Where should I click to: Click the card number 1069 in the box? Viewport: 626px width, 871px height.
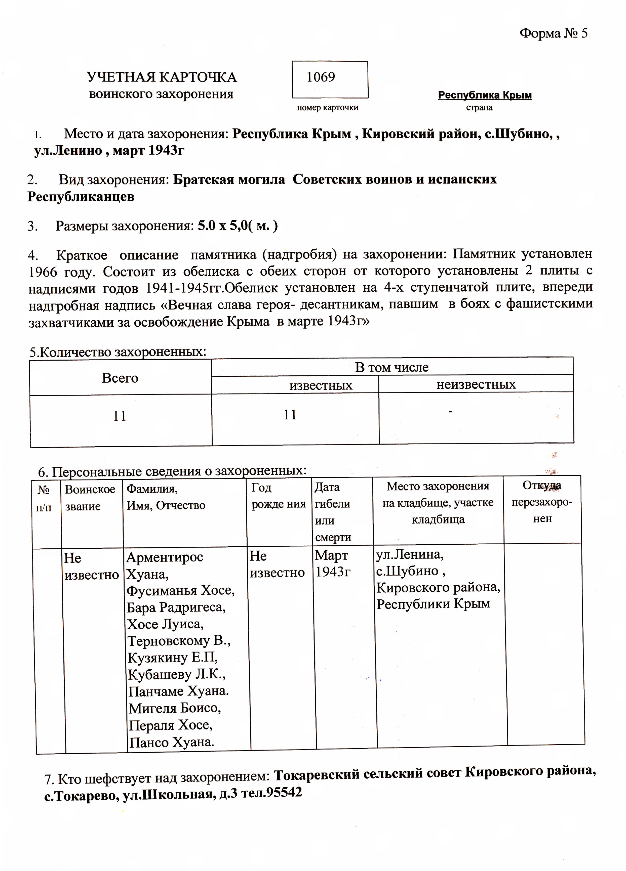(321, 78)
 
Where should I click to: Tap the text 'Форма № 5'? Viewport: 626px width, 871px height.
(553, 33)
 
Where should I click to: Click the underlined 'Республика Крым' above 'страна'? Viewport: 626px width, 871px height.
(485, 95)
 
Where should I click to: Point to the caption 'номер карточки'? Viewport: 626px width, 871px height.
(327, 108)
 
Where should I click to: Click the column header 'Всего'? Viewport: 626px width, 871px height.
(120, 378)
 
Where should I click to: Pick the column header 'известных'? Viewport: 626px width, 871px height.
(321, 385)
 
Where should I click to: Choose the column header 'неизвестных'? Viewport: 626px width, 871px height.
(476, 385)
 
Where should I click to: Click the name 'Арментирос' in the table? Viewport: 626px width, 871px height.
(165, 557)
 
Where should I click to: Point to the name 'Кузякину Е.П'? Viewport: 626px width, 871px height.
(173, 658)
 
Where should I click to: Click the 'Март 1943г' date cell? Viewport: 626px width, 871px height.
(332, 564)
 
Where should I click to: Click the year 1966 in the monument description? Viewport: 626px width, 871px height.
(43, 272)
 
